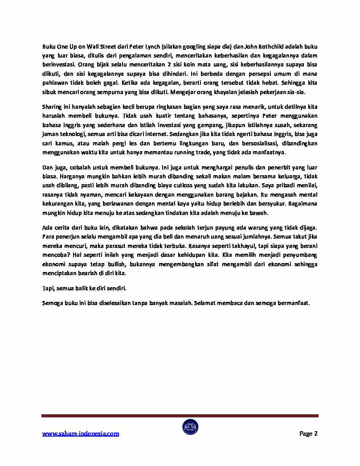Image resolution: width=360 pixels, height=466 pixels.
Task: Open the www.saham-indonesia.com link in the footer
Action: click(x=81, y=433)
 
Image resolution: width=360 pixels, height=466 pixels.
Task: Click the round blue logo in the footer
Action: click(x=190, y=427)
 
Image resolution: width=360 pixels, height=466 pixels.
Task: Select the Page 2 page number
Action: click(x=308, y=433)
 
